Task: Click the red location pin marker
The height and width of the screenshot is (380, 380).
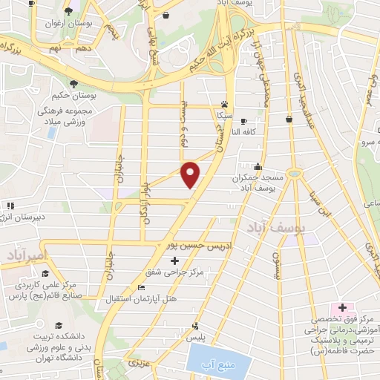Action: (191, 174)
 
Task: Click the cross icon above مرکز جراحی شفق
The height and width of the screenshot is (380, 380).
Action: (175, 261)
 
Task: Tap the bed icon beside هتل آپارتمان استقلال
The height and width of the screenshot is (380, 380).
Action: (142, 288)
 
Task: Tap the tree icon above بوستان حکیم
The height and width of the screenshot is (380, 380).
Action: (73, 84)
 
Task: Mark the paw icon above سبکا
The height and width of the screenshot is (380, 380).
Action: (224, 105)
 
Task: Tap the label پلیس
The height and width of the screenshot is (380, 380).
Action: (196, 337)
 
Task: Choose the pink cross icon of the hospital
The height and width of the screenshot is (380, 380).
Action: (342, 307)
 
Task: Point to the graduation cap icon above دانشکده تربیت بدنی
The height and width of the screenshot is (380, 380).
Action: (57, 326)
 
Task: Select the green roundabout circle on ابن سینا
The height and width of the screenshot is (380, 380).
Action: (296, 174)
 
